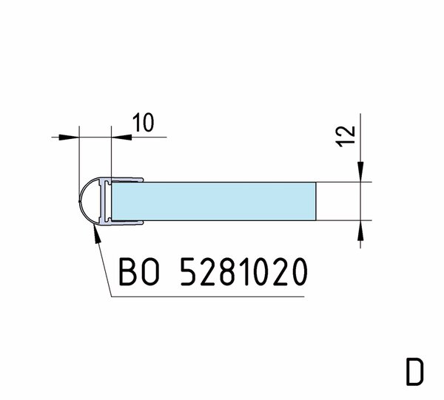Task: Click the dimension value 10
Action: [x=144, y=123]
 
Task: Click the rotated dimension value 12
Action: [x=346, y=136]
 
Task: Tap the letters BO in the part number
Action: [x=139, y=271]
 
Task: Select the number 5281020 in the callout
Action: [x=243, y=271]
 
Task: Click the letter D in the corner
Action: [x=415, y=371]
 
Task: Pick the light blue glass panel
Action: [x=214, y=201]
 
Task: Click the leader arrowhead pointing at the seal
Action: [x=97, y=235]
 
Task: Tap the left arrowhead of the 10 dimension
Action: [x=69, y=138]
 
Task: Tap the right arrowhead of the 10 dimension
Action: [x=121, y=138]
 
